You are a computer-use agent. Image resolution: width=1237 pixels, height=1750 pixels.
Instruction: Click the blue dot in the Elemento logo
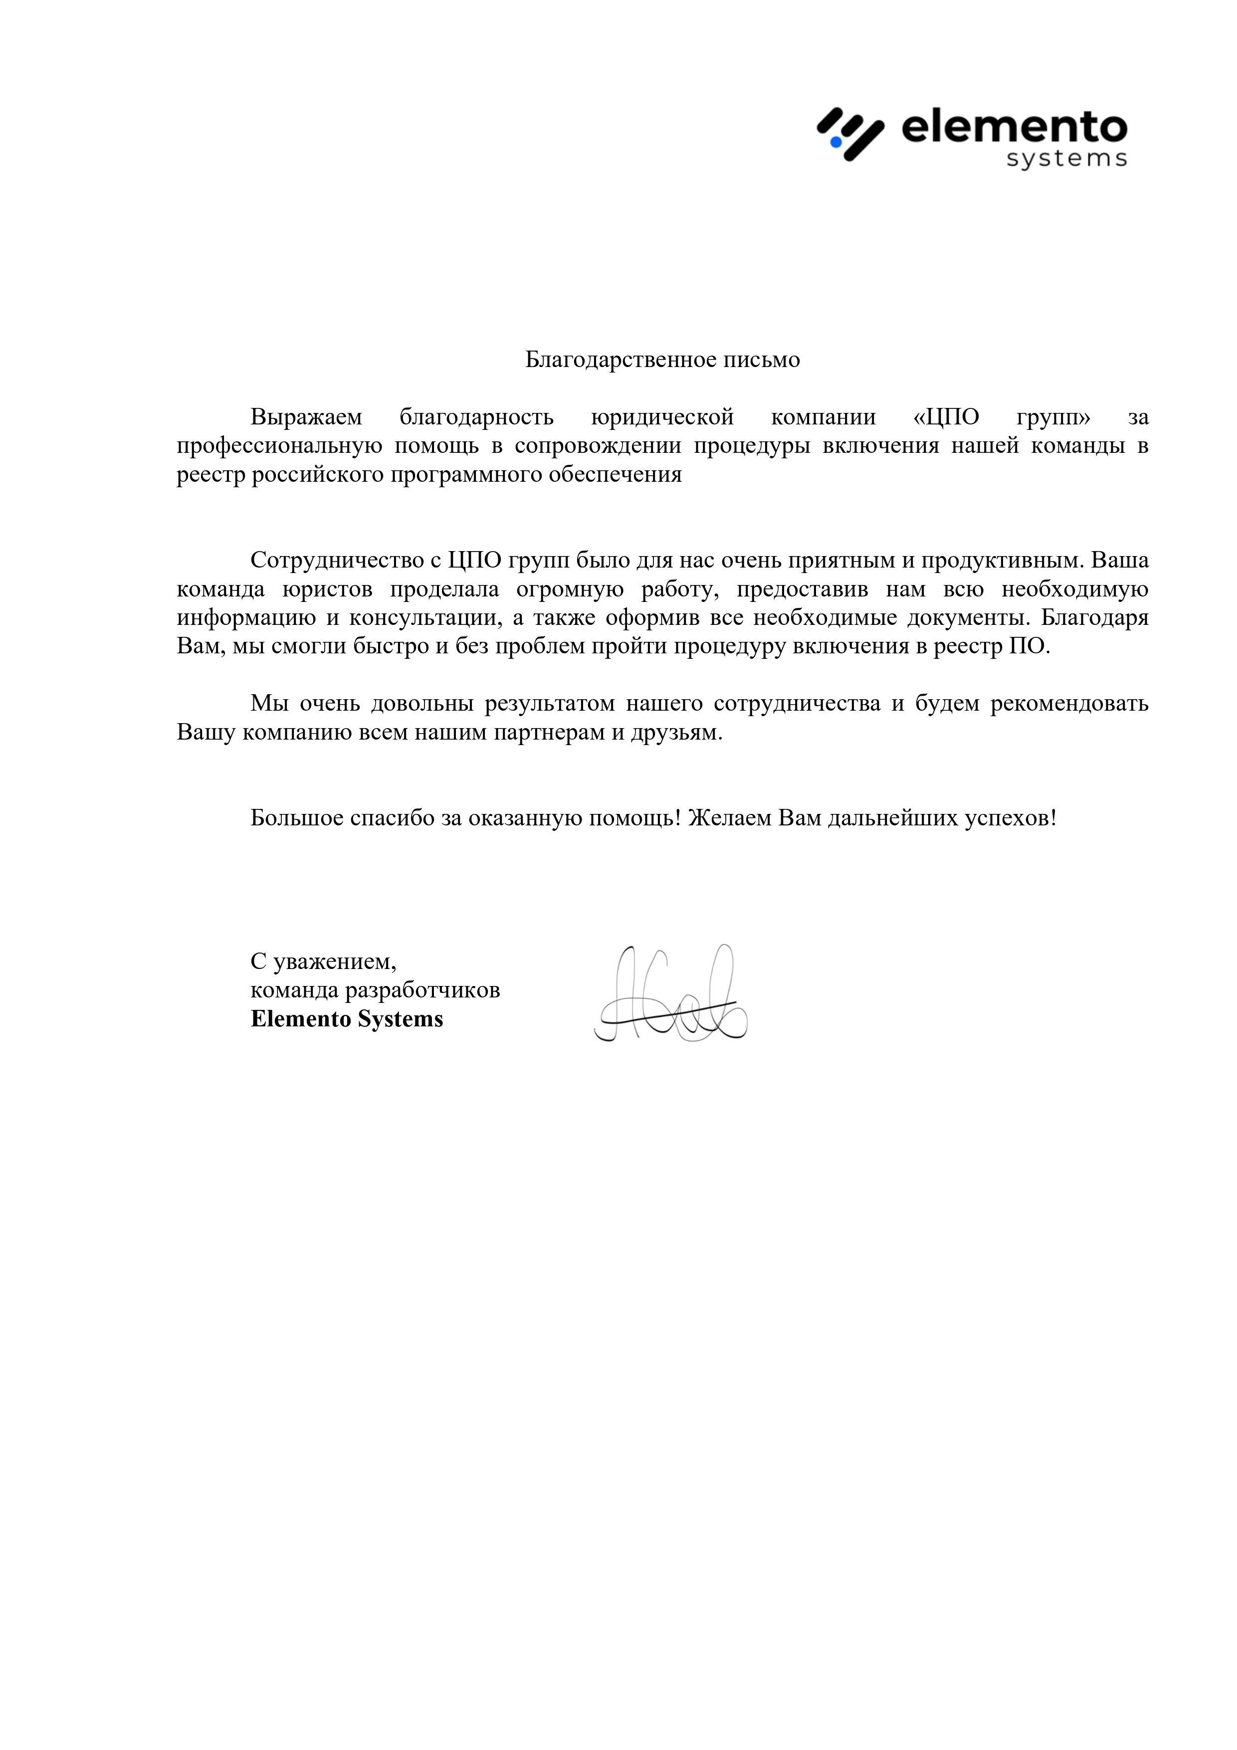[835, 142]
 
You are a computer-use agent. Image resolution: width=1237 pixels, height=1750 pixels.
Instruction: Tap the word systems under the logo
[1066, 159]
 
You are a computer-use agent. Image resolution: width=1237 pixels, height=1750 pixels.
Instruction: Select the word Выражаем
[306, 418]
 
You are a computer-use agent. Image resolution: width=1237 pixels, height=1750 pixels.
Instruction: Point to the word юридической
[662, 418]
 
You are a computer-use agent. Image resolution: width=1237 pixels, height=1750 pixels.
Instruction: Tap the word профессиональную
[279, 446]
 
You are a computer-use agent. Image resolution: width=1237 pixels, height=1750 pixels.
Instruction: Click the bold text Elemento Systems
[347, 1019]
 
